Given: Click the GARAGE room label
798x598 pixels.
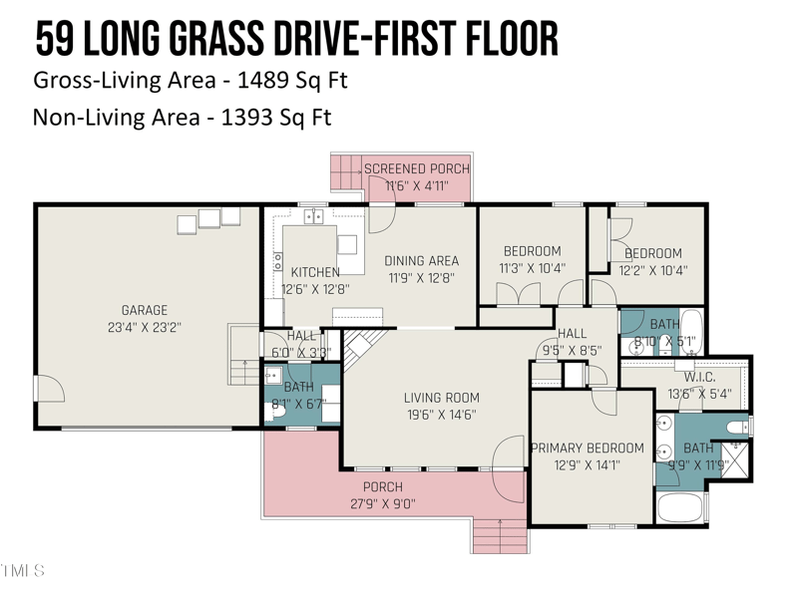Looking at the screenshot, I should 145,310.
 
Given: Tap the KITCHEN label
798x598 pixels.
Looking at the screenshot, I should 315,272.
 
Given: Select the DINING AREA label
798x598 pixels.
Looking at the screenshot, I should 422,261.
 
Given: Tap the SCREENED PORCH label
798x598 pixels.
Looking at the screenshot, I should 416,168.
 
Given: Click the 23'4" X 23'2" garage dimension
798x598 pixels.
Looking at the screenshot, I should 145,326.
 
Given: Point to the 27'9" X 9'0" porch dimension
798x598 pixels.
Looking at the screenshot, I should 382,503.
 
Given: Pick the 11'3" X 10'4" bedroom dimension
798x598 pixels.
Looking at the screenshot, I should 532,268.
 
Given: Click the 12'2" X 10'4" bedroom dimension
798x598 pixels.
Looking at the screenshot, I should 652,269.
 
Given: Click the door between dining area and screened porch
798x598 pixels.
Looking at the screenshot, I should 383,214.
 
